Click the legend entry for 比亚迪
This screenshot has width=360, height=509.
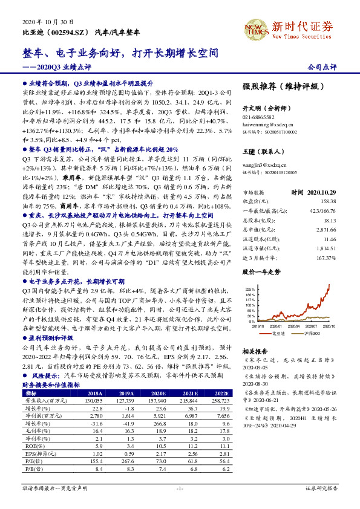275,333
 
